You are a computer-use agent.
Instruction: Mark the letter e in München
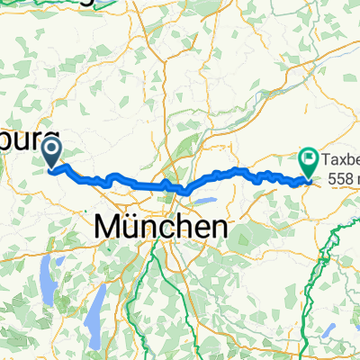click(189, 229)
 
